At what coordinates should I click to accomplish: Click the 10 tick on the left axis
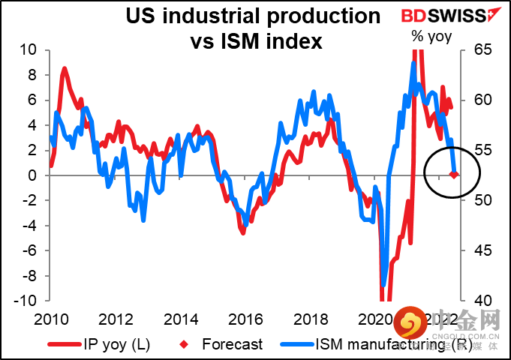click(x=29, y=50)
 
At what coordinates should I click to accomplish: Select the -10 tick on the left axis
click(x=25, y=301)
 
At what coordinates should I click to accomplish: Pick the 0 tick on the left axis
click(x=32, y=175)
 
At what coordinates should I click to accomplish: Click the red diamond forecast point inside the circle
click(x=453, y=175)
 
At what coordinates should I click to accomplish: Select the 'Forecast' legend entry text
click(x=233, y=345)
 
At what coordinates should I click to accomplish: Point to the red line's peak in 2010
click(x=64, y=69)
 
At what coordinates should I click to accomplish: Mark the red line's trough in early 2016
click(x=243, y=233)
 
